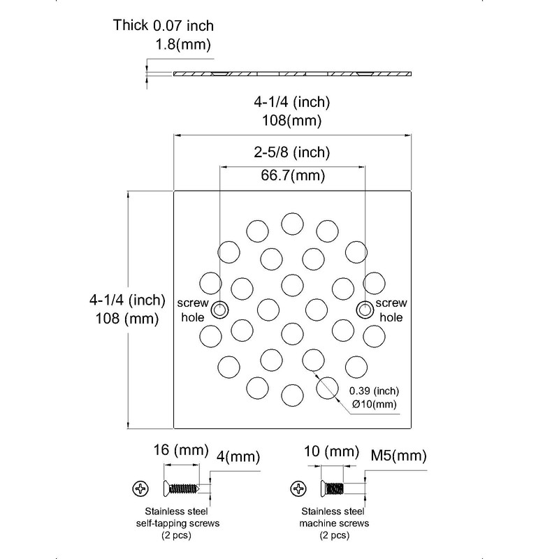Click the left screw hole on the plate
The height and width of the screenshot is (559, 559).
tap(219, 310)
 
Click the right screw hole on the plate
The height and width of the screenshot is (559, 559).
tap(365, 310)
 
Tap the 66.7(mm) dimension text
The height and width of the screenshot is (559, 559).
tap(293, 175)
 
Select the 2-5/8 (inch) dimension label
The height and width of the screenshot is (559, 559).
tap(292, 152)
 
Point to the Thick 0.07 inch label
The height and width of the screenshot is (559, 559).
tap(164, 25)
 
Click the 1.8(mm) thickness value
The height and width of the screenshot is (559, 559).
tap(183, 45)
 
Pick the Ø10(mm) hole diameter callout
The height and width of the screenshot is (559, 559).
tap(375, 405)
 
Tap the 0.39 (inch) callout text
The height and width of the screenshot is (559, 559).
tap(374, 391)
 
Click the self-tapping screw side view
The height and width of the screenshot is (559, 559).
tap(181, 488)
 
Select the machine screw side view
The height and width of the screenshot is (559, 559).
tap(333, 488)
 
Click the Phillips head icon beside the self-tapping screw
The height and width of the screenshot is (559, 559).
tap(140, 488)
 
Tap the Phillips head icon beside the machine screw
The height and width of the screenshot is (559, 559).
tap(298, 488)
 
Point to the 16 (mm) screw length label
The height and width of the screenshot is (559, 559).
tap(181, 450)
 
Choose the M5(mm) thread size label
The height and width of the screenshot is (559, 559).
tap(398, 456)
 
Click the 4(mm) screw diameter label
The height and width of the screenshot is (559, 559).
tap(238, 457)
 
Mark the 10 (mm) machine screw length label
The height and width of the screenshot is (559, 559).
tap(331, 451)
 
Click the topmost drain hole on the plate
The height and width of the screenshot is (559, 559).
tap(292, 224)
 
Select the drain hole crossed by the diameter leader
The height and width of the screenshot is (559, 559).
tap(327, 388)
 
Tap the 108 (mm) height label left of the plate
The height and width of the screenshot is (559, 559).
tap(127, 319)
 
